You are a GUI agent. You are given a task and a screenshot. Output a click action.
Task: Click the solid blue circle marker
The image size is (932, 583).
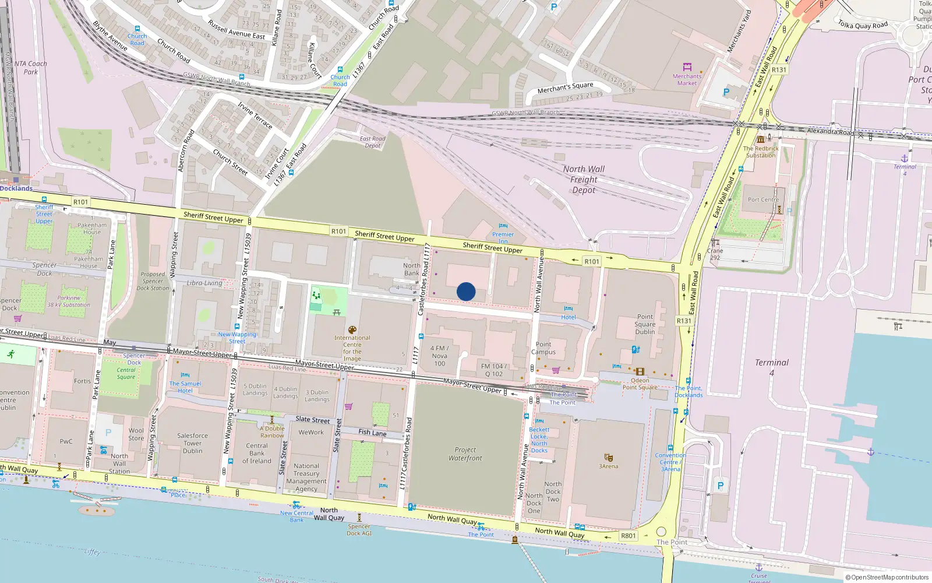tap(466, 291)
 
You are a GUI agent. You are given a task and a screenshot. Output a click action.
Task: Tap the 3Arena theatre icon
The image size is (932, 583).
tap(609, 458)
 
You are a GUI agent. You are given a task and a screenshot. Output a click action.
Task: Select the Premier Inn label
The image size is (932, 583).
tap(503, 238)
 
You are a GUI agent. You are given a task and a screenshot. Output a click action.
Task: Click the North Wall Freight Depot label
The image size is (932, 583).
tap(584, 179)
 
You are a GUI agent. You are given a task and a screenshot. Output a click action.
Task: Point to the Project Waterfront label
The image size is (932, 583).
tap(465, 454)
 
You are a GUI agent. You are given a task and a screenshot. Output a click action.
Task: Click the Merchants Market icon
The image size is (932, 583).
tap(687, 67)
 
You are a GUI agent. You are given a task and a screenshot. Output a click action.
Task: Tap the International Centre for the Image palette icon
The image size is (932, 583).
tap(352, 330)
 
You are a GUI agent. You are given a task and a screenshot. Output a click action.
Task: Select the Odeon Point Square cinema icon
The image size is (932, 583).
tap(640, 371)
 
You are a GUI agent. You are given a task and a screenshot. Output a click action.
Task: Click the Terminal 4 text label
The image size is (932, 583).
tap(771, 367)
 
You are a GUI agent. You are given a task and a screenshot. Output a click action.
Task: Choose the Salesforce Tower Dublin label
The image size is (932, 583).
tap(193, 443)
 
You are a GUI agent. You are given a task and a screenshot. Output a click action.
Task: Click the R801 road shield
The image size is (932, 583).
tap(628, 536)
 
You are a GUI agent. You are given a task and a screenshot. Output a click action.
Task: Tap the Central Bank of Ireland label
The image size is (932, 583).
tap(257, 453)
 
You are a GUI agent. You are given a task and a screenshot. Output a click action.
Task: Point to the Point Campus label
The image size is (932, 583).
tap(543, 348)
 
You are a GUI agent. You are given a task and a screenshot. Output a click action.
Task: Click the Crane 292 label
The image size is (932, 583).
tap(715, 254)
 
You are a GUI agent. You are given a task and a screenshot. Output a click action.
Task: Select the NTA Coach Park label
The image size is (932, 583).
tap(30, 68)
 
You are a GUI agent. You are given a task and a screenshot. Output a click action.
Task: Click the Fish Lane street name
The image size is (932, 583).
tap(372, 433)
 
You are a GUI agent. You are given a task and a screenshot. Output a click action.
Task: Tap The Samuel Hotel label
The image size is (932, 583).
tap(185, 387)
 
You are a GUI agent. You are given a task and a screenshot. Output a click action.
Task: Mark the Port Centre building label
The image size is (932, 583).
tap(763, 199)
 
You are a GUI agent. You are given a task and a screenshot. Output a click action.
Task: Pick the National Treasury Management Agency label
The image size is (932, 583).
tap(306, 477)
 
